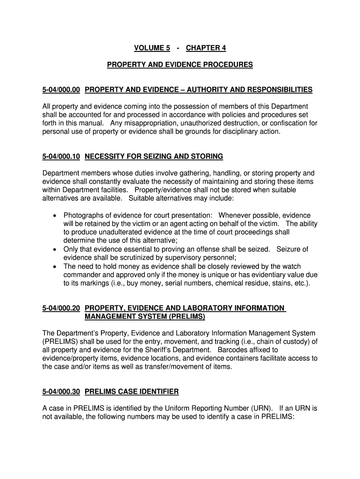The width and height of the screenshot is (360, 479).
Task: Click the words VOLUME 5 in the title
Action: coord(152,48)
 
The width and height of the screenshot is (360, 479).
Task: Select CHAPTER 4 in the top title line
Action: coord(206,48)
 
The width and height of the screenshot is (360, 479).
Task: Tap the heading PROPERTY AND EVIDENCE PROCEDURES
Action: coord(180,65)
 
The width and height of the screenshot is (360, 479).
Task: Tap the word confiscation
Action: coord(288,123)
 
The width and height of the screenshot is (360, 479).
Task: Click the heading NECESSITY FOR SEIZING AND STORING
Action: coord(154,156)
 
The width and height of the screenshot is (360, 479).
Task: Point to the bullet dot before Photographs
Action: coord(55,215)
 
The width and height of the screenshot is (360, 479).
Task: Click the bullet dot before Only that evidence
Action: coord(55,249)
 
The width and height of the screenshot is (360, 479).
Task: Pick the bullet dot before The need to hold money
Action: coord(55,266)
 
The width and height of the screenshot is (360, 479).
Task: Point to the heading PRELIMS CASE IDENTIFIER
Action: coord(131,391)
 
